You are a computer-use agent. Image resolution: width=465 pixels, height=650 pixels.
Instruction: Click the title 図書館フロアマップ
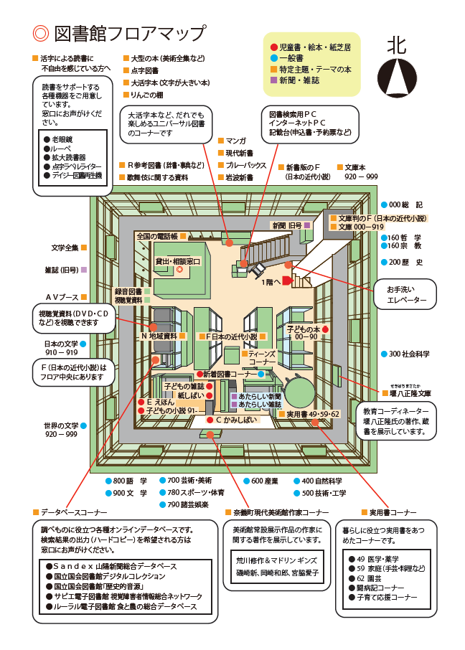[x=129, y=33]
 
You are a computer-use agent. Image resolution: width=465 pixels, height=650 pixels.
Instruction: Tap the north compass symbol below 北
[x=396, y=73]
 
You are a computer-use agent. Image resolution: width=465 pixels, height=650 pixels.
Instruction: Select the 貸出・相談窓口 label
[x=179, y=262]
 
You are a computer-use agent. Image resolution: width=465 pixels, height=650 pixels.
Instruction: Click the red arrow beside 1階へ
[x=286, y=281]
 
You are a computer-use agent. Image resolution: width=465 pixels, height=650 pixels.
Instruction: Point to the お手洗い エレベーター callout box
[x=406, y=295]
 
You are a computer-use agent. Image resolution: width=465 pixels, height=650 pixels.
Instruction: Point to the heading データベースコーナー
[x=73, y=513]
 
